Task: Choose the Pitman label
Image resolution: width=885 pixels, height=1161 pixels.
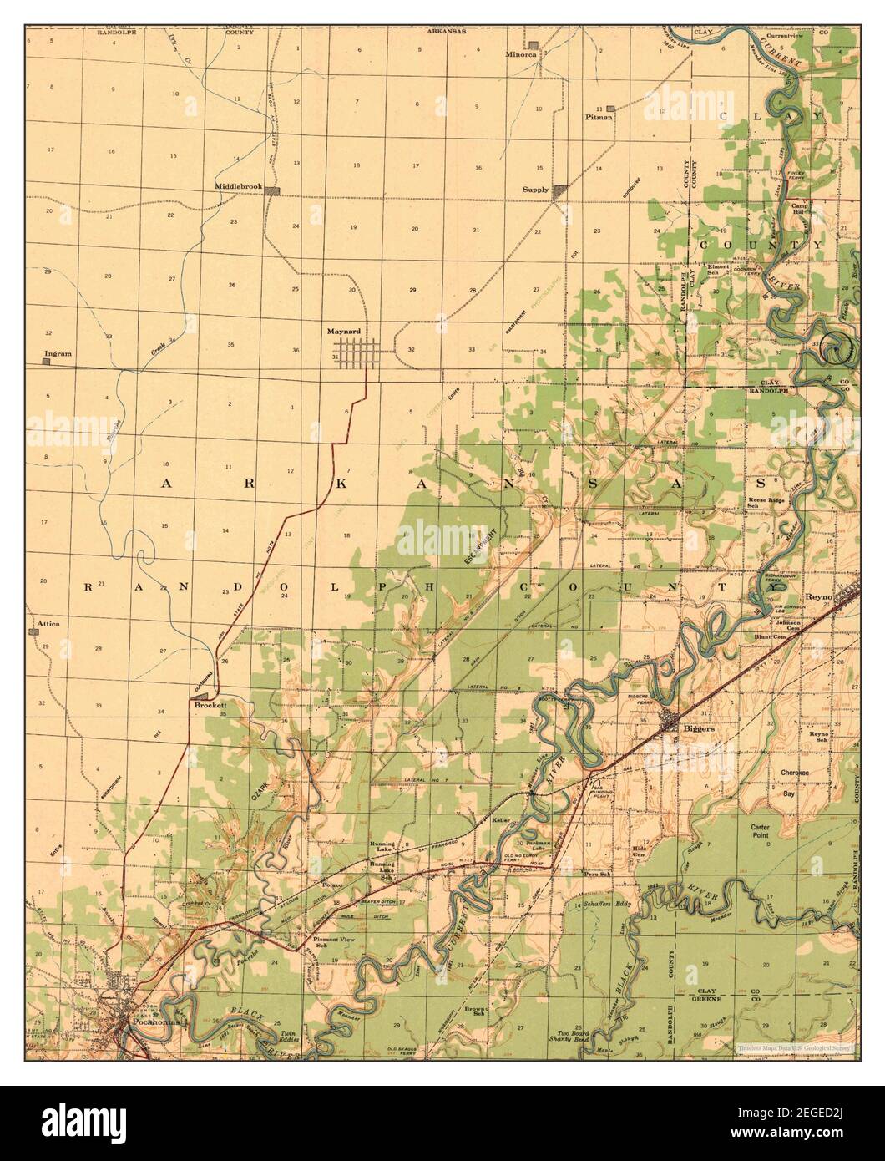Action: pos(599,117)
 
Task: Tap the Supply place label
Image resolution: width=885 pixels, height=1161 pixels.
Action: pos(535,190)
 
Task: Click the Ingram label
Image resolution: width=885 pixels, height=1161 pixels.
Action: pos(58,353)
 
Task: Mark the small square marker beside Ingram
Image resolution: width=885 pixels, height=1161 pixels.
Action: pos(47,362)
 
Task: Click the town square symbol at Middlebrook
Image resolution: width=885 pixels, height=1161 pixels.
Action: pos(272,191)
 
